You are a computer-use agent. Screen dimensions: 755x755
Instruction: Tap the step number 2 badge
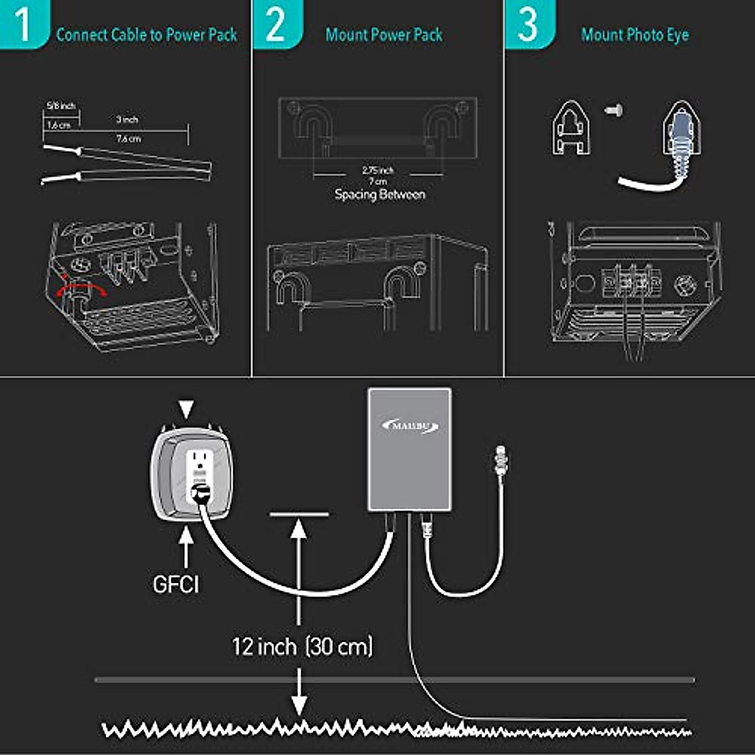(275, 24)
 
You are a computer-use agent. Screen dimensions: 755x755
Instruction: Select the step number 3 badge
(528, 24)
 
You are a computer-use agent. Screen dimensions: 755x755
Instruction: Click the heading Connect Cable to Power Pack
(147, 35)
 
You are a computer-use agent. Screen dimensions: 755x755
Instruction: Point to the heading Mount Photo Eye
(634, 35)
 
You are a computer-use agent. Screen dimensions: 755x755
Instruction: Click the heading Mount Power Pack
(384, 35)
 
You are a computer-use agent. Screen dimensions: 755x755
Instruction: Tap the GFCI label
(176, 584)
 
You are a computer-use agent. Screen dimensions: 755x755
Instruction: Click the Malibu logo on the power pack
(410, 426)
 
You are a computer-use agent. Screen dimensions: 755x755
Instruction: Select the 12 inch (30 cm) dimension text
(303, 646)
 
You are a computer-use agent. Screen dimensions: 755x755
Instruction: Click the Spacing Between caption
(380, 194)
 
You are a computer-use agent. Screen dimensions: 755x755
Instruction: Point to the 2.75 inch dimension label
(377, 170)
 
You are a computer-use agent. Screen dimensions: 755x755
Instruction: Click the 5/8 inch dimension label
(61, 106)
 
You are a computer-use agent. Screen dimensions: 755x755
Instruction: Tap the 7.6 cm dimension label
(128, 138)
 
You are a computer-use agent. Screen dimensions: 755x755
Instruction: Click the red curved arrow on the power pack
(80, 289)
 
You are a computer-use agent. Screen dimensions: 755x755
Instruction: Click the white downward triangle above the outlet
(186, 410)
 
